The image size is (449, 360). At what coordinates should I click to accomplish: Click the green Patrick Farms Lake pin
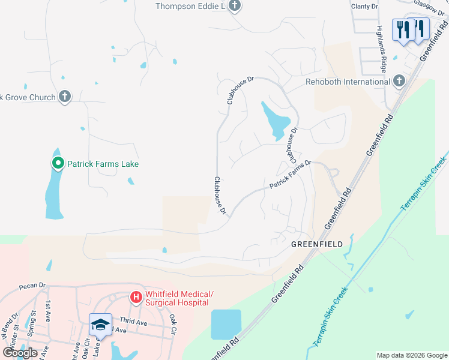(58, 163)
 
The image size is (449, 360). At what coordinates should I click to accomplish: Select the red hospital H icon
(136, 297)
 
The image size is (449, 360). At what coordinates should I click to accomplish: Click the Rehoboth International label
(348, 82)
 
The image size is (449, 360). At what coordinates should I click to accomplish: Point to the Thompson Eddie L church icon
(235, 6)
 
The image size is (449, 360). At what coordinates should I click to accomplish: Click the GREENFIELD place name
(317, 244)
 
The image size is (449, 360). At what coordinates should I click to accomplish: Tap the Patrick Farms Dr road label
(291, 175)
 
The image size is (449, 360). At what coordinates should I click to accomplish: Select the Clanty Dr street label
(365, 7)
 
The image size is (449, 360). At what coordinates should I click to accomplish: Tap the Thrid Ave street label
(133, 322)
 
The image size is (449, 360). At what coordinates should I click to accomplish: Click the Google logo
(20, 353)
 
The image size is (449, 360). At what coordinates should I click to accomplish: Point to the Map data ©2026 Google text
(411, 355)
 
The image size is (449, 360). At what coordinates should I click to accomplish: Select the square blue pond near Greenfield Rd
(226, 325)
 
